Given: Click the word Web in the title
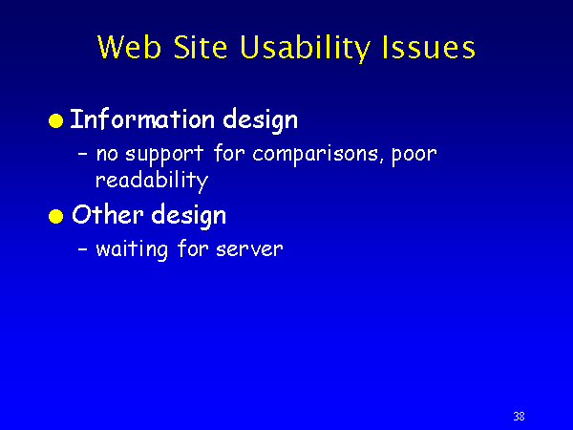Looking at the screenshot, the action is pos(129,47).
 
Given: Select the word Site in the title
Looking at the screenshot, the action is pos(201,47).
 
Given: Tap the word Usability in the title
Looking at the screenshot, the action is pos(306,49).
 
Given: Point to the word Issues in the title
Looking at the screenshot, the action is pos(428,47).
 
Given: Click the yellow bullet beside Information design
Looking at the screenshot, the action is pos(56,120).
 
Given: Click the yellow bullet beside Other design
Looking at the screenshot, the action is pos(56,216).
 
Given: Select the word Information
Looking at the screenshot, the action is pos(142,118).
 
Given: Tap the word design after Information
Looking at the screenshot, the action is pos(261,121).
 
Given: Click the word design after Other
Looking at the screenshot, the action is pos(188,216).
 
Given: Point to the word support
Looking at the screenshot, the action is pos(164,154).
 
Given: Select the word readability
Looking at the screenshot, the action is pos(152,181).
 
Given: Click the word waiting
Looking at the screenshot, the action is pos(132,250).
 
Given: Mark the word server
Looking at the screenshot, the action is pos(249,250).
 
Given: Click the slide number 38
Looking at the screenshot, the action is pos(519,416).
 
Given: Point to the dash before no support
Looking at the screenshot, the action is pos(82,155).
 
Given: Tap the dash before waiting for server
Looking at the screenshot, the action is pos(82,250).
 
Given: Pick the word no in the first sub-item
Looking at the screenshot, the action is pos(107,155).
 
